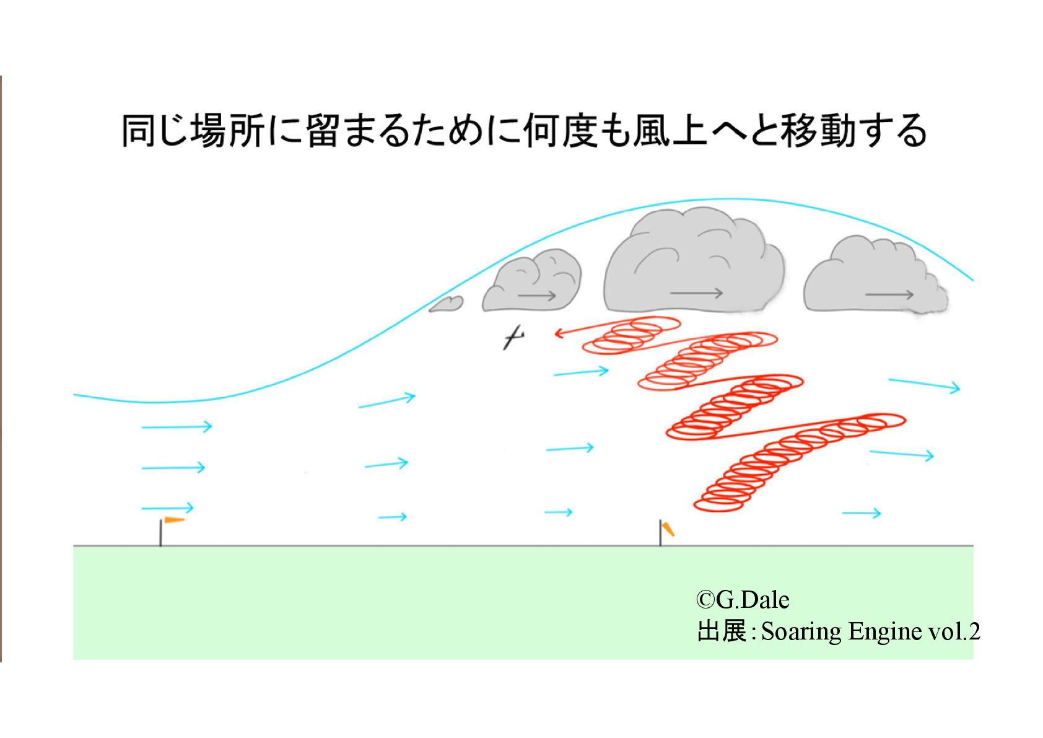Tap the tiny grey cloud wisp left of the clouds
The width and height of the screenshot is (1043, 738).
click(446, 304)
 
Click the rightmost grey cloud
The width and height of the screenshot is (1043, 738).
click(873, 276)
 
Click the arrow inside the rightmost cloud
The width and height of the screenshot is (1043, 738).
click(889, 294)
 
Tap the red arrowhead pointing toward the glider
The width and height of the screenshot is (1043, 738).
click(559, 333)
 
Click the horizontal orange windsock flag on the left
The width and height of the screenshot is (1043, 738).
click(174, 520)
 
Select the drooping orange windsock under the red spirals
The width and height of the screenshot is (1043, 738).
click(668, 529)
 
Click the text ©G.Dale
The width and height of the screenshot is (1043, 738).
click(743, 600)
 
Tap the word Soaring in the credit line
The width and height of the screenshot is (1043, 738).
click(801, 631)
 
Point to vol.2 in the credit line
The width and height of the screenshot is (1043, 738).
click(954, 631)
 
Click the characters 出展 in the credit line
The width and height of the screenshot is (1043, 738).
click(722, 631)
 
